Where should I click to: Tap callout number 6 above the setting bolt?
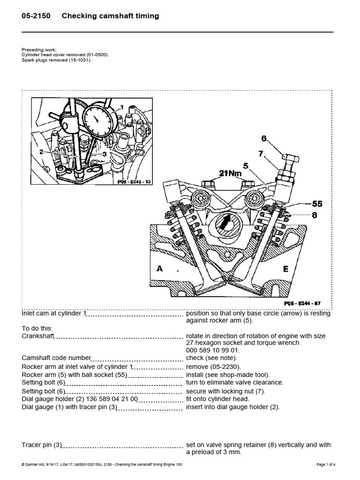(264, 138)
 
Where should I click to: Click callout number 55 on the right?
(317, 204)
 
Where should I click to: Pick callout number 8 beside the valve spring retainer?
(315, 215)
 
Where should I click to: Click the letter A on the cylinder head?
(160, 269)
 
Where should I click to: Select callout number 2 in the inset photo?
(42, 152)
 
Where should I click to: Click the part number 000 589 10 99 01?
(213, 349)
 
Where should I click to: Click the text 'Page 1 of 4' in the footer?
(326, 465)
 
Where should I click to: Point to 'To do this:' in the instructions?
(37, 328)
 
